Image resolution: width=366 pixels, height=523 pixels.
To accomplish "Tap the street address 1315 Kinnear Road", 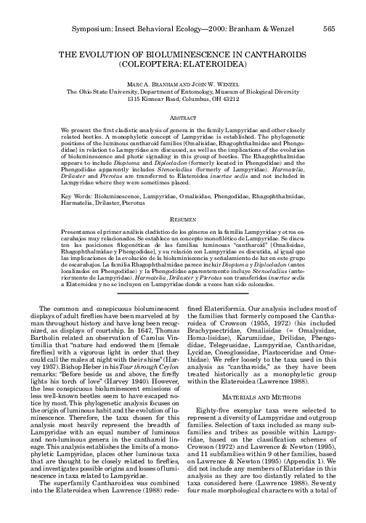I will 155,100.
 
